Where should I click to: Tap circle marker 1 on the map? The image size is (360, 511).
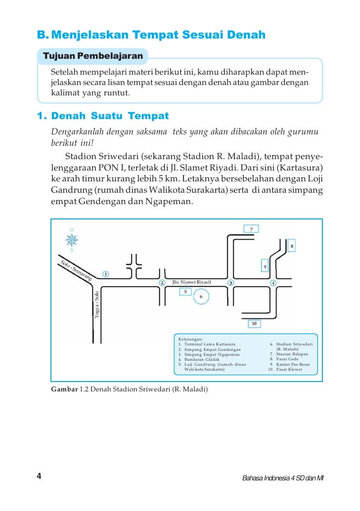point(106,274)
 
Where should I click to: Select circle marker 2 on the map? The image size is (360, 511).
point(162,283)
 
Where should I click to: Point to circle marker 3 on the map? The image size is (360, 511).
point(230,283)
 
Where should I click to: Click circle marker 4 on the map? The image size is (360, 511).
point(273,283)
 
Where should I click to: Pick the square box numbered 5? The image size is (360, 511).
point(185,292)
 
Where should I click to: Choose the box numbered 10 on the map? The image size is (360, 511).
point(254,324)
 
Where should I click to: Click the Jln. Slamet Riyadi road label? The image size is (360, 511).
point(191,282)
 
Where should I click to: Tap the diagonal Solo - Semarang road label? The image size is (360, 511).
point(77,270)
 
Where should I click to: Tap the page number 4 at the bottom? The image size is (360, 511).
point(39,476)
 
